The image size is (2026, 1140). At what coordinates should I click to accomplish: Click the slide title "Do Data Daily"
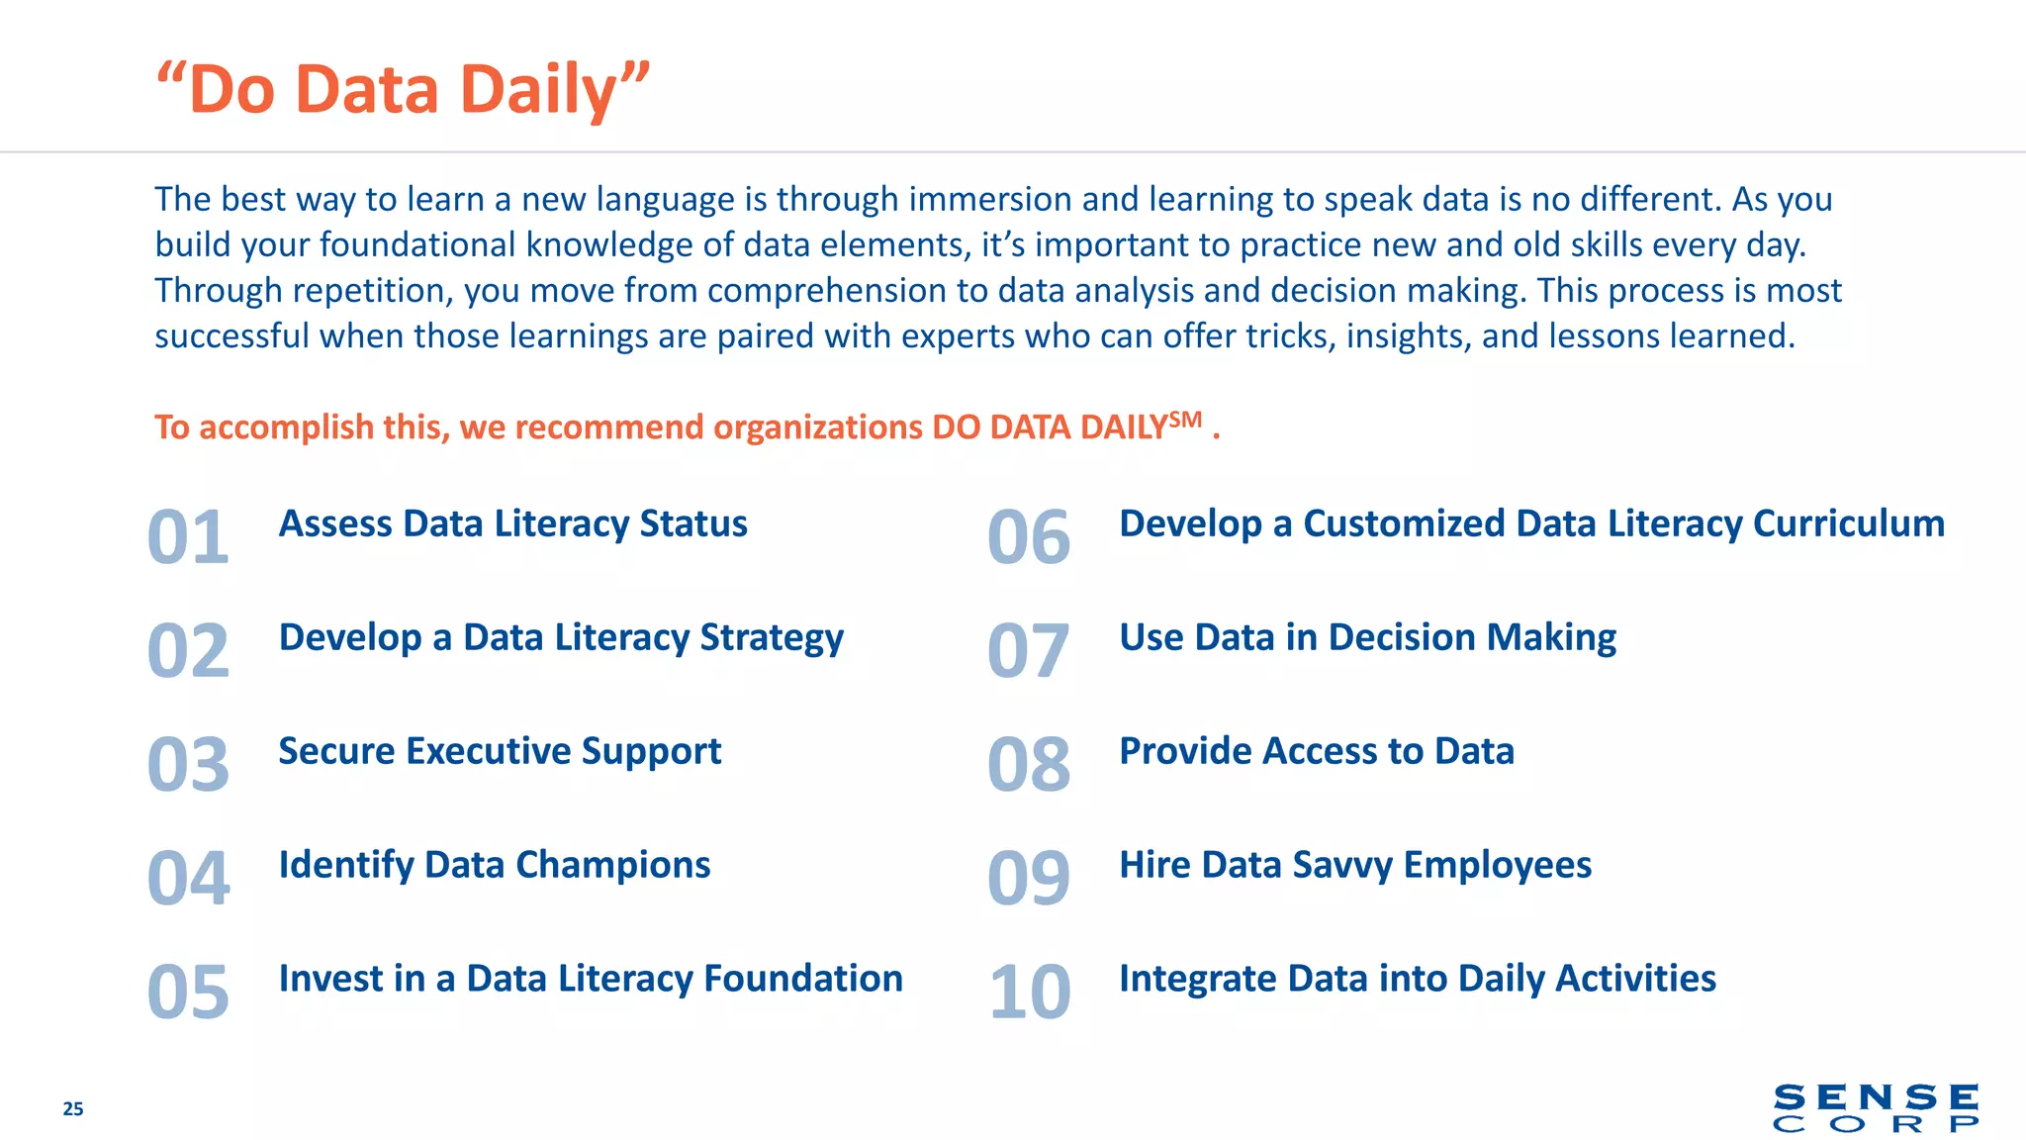404,89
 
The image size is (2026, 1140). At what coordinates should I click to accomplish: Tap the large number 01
188,537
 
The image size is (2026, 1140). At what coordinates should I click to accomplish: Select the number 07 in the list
1029,651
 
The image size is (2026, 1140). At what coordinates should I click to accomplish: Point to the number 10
1029,993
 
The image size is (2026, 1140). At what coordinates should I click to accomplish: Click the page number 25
73,1108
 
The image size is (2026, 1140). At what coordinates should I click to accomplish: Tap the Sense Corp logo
1876,1108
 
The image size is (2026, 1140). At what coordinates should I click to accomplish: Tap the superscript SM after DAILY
1185,419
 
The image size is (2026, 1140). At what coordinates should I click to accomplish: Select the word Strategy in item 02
772,638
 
